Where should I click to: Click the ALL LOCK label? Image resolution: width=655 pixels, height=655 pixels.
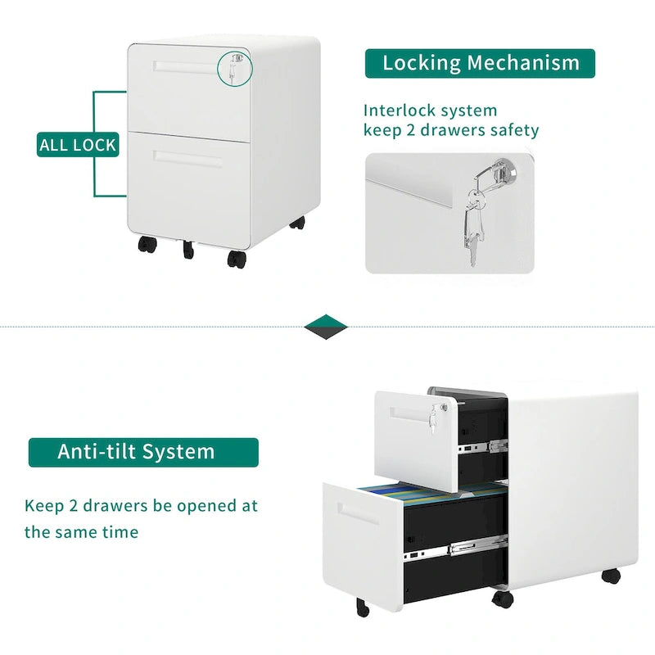click(78, 145)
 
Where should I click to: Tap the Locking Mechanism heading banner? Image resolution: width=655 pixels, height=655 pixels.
click(480, 64)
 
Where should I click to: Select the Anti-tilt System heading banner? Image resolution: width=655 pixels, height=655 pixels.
click(143, 452)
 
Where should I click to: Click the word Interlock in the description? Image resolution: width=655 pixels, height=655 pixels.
click(400, 111)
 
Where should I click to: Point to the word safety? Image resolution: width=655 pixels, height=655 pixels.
click(514, 130)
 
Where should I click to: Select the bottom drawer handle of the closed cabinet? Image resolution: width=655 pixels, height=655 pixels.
click(187, 158)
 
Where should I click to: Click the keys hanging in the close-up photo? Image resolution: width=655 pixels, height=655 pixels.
click(474, 226)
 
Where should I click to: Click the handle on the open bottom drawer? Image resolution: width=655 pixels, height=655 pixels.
click(358, 514)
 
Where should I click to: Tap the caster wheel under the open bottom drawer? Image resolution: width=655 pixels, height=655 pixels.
click(363, 608)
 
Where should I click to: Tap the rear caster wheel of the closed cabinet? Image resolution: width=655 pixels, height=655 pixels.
click(297, 223)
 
